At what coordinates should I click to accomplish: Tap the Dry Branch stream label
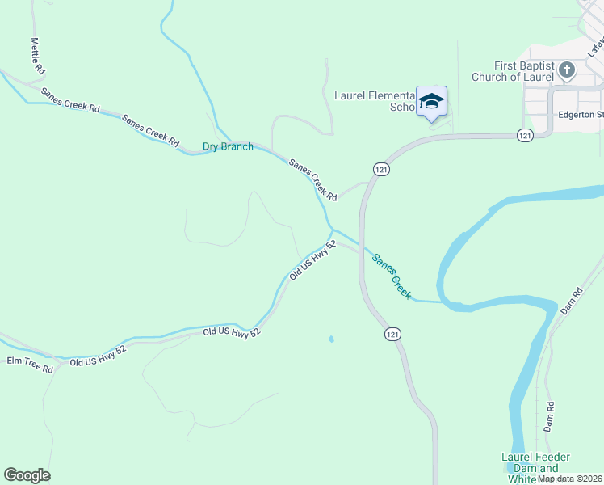[228, 147]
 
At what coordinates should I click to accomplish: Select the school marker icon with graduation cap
[431, 101]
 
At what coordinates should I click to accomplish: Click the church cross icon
[567, 70]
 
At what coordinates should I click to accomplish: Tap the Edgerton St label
[581, 115]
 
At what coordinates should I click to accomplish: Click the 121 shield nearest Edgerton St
[526, 135]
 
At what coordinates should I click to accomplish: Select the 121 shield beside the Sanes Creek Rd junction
[381, 168]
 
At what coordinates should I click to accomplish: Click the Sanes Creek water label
[392, 275]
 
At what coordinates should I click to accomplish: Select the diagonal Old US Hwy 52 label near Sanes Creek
[312, 259]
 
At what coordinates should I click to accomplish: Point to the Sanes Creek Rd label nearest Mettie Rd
[70, 100]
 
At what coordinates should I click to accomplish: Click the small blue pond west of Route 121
[330, 339]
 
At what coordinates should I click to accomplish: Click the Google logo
[27, 475]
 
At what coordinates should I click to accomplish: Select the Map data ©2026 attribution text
[569, 479]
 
